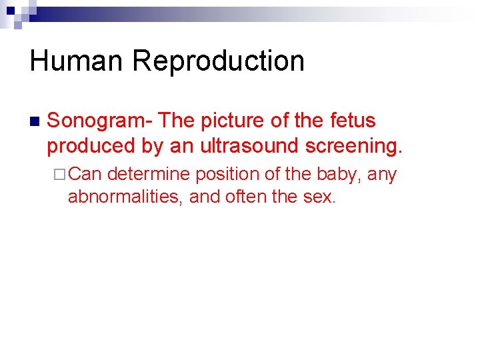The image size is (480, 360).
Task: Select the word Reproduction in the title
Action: (x=218, y=61)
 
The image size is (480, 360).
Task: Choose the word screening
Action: (x=352, y=146)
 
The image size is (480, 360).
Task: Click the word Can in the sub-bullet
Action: (x=85, y=175)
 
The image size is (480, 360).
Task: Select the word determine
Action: (x=148, y=175)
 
